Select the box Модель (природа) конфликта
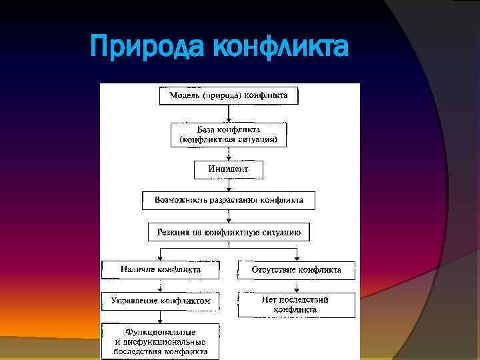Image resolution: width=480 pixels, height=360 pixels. (x=229, y=95)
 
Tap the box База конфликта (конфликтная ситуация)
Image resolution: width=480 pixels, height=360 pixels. (x=229, y=135)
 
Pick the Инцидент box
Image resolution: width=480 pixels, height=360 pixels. (x=229, y=170)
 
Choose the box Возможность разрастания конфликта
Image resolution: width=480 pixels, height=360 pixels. (x=229, y=200)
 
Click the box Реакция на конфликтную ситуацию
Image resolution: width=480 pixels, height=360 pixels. (x=229, y=232)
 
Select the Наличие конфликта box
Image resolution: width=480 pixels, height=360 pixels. (x=161, y=270)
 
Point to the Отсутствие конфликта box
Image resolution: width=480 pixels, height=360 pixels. (x=296, y=270)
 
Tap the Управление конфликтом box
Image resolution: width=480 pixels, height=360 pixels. (x=161, y=301)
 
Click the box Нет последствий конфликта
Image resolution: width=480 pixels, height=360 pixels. (x=296, y=305)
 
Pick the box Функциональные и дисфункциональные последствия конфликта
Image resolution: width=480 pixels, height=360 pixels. (x=161, y=341)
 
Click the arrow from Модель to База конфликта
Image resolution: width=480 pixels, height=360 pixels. (x=229, y=114)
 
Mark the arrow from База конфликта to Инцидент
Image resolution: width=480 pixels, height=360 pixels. (x=229, y=153)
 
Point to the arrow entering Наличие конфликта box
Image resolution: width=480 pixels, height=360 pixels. (x=161, y=255)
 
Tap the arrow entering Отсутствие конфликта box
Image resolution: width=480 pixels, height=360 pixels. (x=296, y=255)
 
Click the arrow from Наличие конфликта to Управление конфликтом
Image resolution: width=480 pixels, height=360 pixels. (x=161, y=285)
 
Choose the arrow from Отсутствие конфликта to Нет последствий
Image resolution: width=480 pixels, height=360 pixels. (x=296, y=285)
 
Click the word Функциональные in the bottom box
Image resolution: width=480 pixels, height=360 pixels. (x=161, y=331)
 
